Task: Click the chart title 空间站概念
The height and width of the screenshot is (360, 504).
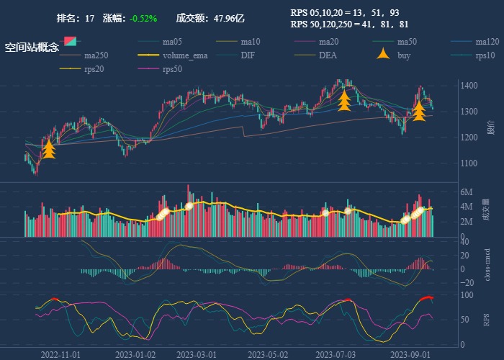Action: (x=32, y=48)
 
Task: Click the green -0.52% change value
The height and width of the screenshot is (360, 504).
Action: (x=143, y=19)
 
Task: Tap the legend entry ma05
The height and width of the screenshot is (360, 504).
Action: (x=172, y=42)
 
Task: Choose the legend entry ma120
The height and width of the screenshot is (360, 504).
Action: (x=487, y=42)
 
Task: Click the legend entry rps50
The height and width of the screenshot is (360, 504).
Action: (x=172, y=69)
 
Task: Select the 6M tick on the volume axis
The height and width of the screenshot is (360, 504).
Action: (x=467, y=193)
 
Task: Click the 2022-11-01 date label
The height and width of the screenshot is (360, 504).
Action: (x=60, y=354)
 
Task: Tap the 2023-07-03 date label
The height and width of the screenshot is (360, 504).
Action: (x=336, y=354)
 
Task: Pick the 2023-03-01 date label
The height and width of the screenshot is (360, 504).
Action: (x=197, y=354)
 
